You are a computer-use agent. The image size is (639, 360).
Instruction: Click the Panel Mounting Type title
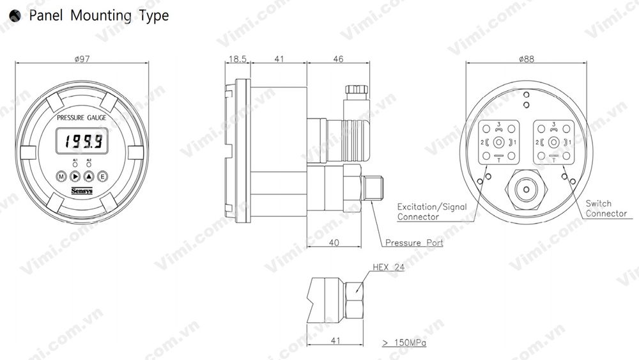click(x=98, y=15)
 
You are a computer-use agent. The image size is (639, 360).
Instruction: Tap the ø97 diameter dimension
click(x=81, y=59)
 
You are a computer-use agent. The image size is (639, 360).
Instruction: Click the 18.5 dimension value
click(x=237, y=59)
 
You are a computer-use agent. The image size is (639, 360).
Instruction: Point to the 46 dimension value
click(x=338, y=59)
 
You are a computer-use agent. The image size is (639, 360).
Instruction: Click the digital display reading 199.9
click(x=81, y=141)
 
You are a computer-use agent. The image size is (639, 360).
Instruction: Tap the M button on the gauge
click(x=61, y=176)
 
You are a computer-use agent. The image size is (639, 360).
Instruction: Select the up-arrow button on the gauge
click(x=89, y=176)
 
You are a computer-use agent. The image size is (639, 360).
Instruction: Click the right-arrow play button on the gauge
click(x=75, y=176)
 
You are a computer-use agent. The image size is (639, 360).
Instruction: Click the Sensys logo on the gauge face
click(x=81, y=191)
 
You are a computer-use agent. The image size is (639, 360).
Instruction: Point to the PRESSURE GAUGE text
click(x=82, y=118)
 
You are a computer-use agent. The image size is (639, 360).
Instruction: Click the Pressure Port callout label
click(x=414, y=243)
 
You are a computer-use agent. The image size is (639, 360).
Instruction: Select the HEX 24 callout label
click(x=389, y=267)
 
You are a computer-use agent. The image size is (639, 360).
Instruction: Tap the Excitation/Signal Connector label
click(x=432, y=212)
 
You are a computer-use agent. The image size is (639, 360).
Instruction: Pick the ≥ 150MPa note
click(x=404, y=343)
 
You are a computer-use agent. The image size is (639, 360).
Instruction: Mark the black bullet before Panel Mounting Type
click(x=15, y=16)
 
